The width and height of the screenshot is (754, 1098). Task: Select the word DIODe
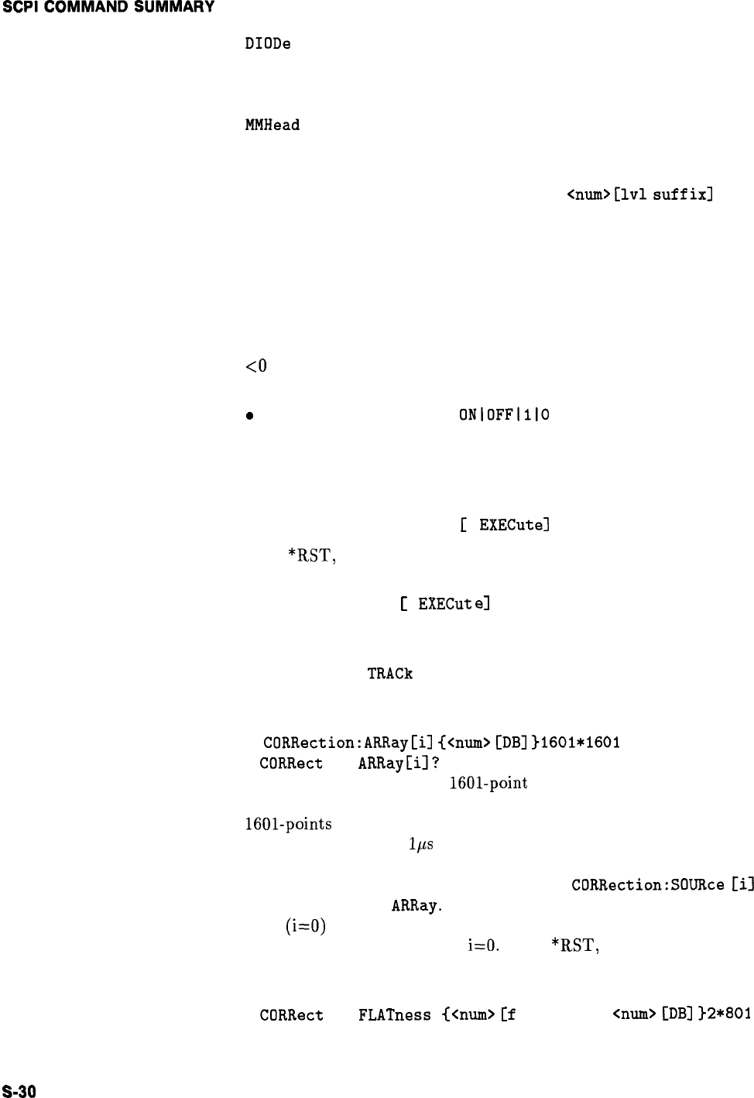click(x=267, y=44)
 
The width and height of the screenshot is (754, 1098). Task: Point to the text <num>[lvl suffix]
click(x=639, y=194)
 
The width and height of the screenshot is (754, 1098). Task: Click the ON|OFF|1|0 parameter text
click(x=504, y=414)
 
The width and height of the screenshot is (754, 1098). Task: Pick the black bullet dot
click(x=248, y=416)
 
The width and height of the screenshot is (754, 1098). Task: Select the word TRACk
click(x=390, y=673)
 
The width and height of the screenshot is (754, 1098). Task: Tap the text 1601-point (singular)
click(x=488, y=783)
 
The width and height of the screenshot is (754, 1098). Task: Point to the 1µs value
click(x=420, y=845)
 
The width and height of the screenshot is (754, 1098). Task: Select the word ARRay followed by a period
click(x=416, y=904)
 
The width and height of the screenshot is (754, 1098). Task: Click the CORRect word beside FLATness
click(x=291, y=1014)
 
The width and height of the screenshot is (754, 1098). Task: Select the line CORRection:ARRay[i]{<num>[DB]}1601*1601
click(x=441, y=743)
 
